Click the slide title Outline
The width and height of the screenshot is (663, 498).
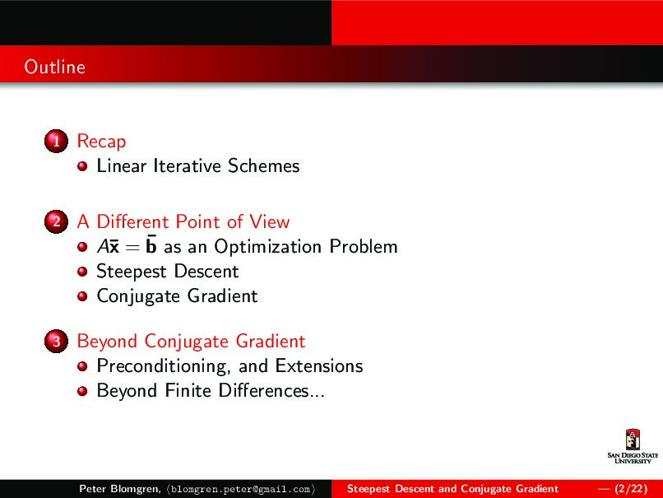tap(54, 67)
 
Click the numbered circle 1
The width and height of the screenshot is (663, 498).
tap(54, 142)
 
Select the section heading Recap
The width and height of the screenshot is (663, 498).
tap(101, 142)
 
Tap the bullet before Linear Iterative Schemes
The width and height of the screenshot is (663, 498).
tap(82, 167)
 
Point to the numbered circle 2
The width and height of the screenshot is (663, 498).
tap(54, 222)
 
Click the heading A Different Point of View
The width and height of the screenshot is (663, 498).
tap(183, 221)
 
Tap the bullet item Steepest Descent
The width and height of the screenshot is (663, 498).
tap(167, 272)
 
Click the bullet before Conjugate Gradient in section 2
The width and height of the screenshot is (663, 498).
tap(82, 297)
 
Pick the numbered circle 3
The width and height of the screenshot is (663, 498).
tap(54, 342)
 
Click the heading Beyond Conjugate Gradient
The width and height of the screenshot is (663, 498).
tap(190, 341)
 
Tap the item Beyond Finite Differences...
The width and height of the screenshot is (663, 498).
tap(210, 390)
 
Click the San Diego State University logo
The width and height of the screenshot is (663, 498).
tap(633, 448)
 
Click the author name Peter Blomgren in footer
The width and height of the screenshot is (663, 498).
tap(118, 489)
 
